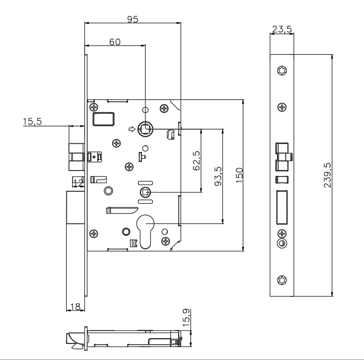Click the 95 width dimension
(133, 19)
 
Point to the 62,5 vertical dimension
(196, 161)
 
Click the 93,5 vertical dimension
(217, 176)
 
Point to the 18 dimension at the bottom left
(75, 307)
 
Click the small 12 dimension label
(78, 182)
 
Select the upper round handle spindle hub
(146, 129)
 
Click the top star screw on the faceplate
(282, 71)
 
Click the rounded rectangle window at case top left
(104, 119)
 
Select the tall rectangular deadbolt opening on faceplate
(282, 205)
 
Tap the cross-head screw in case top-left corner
(93, 107)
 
